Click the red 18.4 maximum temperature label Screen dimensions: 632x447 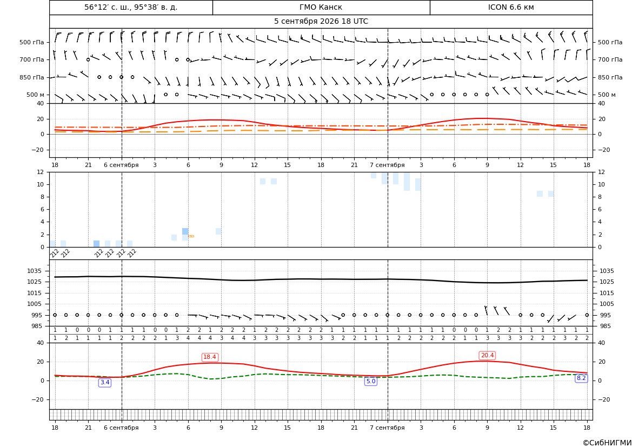pyautogui.click(x=210, y=357)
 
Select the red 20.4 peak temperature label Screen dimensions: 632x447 pyautogui.click(x=487, y=356)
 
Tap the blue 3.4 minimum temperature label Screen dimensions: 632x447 pyautogui.click(x=105, y=383)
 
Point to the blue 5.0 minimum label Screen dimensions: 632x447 pyautogui.click(x=371, y=381)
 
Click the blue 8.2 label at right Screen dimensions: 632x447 pyautogui.click(x=581, y=378)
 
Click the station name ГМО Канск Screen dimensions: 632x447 pyautogui.click(x=321, y=7)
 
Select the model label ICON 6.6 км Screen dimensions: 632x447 pyautogui.click(x=511, y=7)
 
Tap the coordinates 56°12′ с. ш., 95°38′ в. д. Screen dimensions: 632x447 pyautogui.click(x=131, y=7)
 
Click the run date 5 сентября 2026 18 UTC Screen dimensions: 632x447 pyautogui.click(x=321, y=22)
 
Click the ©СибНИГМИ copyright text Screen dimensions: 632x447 pyautogui.click(x=607, y=443)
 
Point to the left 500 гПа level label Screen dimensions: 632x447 pyautogui.click(x=32, y=42)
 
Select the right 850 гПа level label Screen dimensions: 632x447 pyautogui.click(x=610, y=77)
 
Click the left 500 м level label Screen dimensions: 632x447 pyautogui.click(x=36, y=95)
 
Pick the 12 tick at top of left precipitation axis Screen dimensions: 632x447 pyautogui.click(x=41, y=172)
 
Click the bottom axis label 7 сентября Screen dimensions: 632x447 pyautogui.click(x=387, y=428)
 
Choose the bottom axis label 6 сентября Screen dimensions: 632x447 pyautogui.click(x=121, y=428)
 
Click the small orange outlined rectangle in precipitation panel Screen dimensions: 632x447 pyautogui.click(x=191, y=236)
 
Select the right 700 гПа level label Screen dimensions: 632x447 pyautogui.click(x=610, y=59)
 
